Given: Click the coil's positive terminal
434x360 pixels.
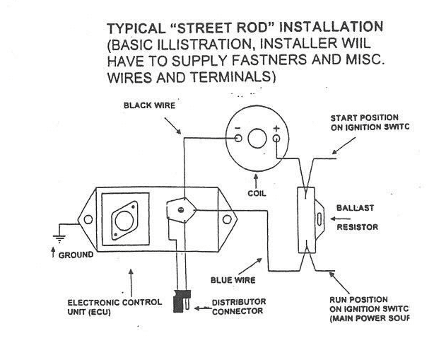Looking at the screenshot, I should [x=275, y=139].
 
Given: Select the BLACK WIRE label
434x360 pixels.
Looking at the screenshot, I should [x=149, y=105].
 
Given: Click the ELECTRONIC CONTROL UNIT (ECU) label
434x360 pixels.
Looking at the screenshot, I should [x=110, y=306].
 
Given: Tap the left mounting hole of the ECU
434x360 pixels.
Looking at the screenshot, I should [x=87, y=220].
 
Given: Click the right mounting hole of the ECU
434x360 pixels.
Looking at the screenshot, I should [x=228, y=220].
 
